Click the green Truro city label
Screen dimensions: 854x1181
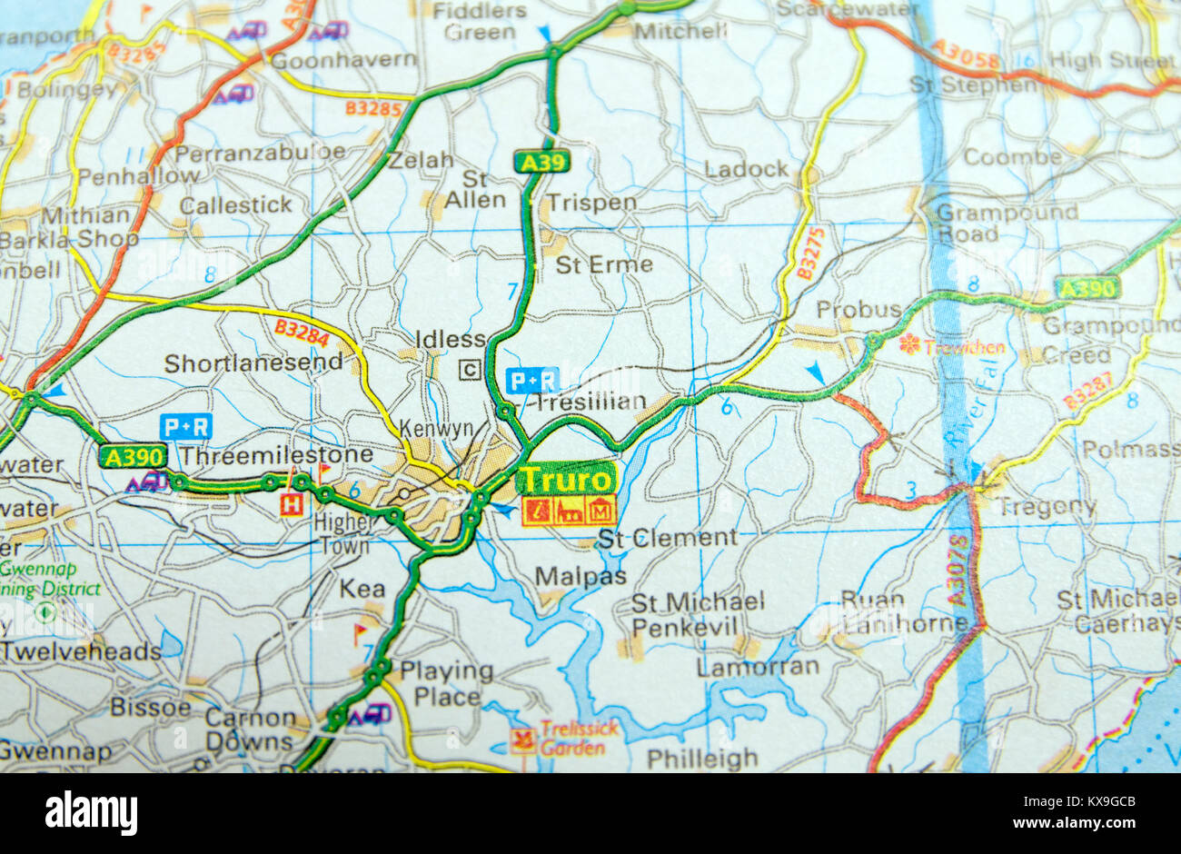(566, 479)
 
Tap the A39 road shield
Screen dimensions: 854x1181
(541, 163)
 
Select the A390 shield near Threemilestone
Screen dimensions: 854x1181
(134, 455)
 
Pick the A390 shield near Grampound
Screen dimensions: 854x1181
(1087, 288)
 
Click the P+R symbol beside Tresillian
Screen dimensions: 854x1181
(531, 380)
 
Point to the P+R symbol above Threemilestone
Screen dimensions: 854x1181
(185, 425)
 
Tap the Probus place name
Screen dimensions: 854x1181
(858, 310)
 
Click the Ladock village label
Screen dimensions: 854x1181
(747, 169)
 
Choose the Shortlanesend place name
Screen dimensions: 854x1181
(253, 363)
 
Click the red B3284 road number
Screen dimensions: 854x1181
(301, 333)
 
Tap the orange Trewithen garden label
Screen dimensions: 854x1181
(964, 347)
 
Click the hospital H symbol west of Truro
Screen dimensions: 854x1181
(292, 504)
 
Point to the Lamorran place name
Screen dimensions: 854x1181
(758, 666)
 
